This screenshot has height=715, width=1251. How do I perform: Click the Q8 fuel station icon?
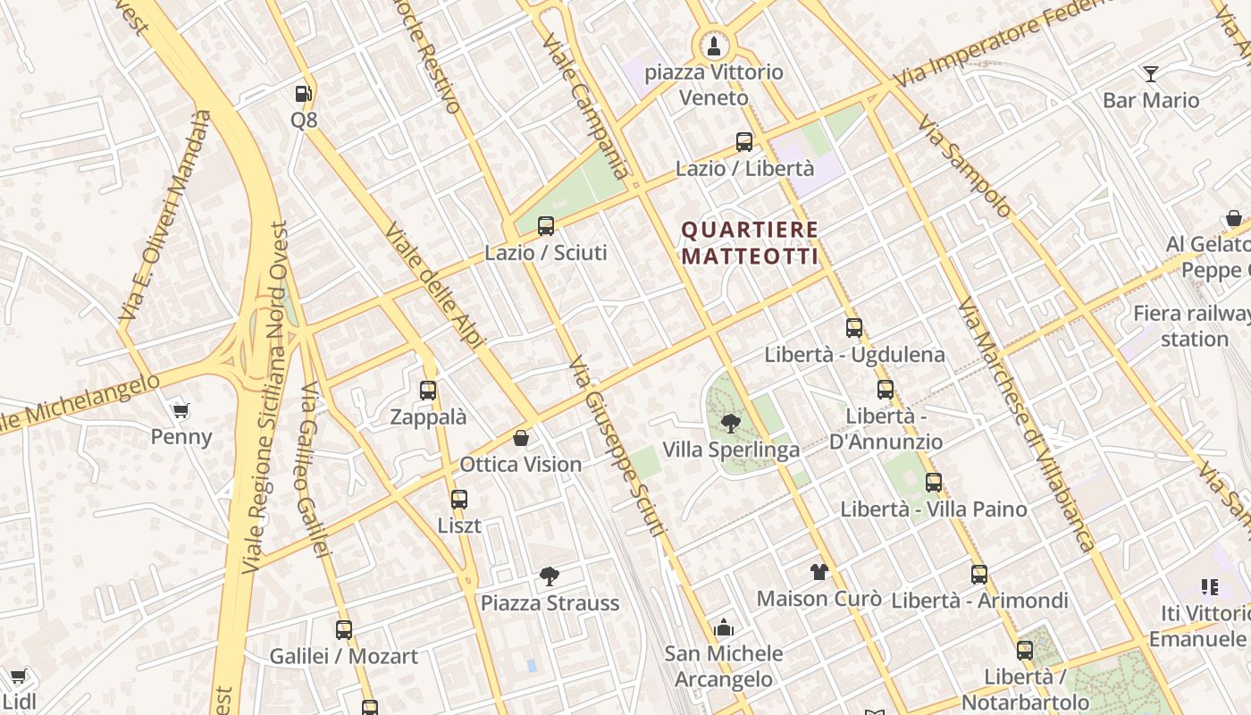(x=304, y=93)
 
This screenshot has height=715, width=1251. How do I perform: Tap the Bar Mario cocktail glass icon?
(x=1151, y=73)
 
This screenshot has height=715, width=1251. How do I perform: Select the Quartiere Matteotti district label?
(x=750, y=243)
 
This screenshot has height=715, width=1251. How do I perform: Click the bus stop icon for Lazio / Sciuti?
(x=546, y=226)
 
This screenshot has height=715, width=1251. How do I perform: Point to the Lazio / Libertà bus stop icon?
(x=744, y=142)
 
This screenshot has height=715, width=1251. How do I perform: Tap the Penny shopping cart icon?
(x=181, y=411)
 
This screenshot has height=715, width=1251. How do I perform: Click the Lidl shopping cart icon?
(x=19, y=676)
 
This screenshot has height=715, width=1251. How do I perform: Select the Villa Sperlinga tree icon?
(x=731, y=424)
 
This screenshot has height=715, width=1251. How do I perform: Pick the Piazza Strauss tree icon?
(x=550, y=576)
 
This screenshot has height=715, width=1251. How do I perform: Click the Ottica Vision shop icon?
(x=521, y=438)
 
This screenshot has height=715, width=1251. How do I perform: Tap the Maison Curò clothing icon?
(x=819, y=572)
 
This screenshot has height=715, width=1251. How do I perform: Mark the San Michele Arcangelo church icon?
(x=724, y=627)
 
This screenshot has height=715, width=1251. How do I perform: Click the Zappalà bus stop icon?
(x=428, y=391)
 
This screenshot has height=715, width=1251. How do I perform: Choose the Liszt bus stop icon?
(x=459, y=500)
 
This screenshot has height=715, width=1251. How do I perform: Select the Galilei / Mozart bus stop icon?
(x=344, y=630)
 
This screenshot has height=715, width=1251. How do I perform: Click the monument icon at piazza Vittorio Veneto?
(x=713, y=45)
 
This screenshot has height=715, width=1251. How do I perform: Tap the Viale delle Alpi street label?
(x=434, y=285)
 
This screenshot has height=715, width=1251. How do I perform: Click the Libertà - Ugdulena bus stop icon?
(x=854, y=328)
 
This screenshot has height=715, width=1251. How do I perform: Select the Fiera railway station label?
(x=1192, y=326)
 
